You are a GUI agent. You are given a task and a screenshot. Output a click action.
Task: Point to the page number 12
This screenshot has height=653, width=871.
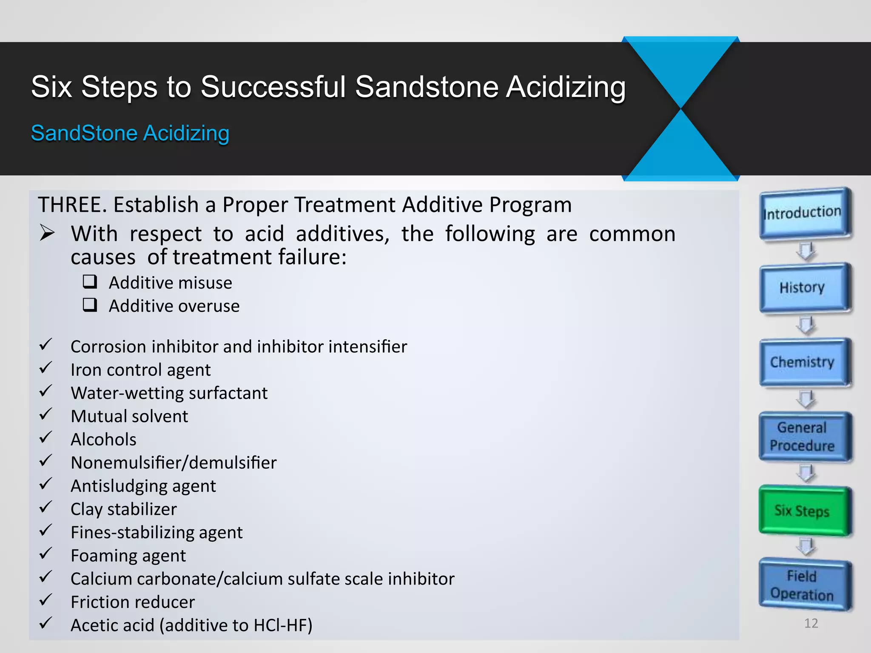(x=811, y=623)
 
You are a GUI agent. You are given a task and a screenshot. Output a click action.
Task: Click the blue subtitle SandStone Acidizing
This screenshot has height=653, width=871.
(x=130, y=133)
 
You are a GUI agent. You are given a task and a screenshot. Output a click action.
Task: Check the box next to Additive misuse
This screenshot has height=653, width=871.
(x=90, y=281)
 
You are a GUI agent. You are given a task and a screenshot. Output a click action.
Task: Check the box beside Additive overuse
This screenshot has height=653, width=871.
(x=90, y=305)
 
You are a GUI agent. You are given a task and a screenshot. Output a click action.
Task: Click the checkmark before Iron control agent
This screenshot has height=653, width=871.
(x=46, y=368)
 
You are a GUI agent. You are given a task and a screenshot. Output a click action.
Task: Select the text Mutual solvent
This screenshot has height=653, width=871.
(x=129, y=416)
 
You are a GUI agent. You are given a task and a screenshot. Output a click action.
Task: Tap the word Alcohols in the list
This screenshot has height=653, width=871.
(x=103, y=440)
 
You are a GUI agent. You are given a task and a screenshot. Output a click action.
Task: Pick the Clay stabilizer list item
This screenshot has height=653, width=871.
(x=123, y=509)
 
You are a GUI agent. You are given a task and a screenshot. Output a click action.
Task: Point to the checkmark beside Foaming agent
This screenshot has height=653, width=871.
(x=46, y=554)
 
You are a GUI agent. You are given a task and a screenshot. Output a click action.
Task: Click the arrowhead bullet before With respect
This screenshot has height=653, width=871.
(x=47, y=233)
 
